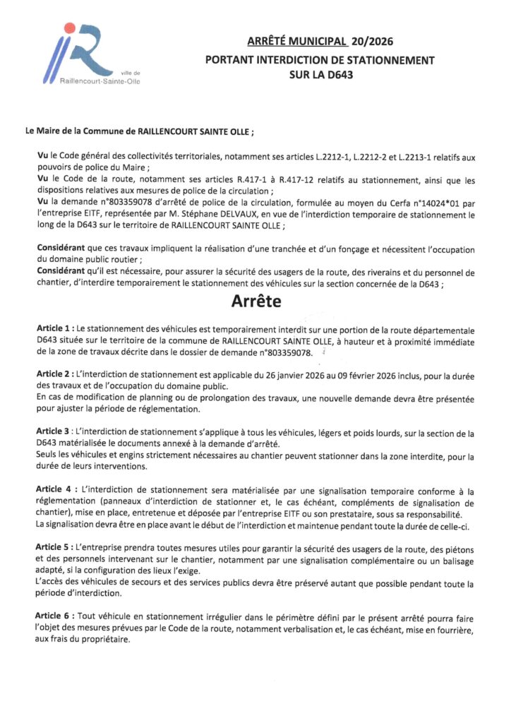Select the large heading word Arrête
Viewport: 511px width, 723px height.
[255, 302]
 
